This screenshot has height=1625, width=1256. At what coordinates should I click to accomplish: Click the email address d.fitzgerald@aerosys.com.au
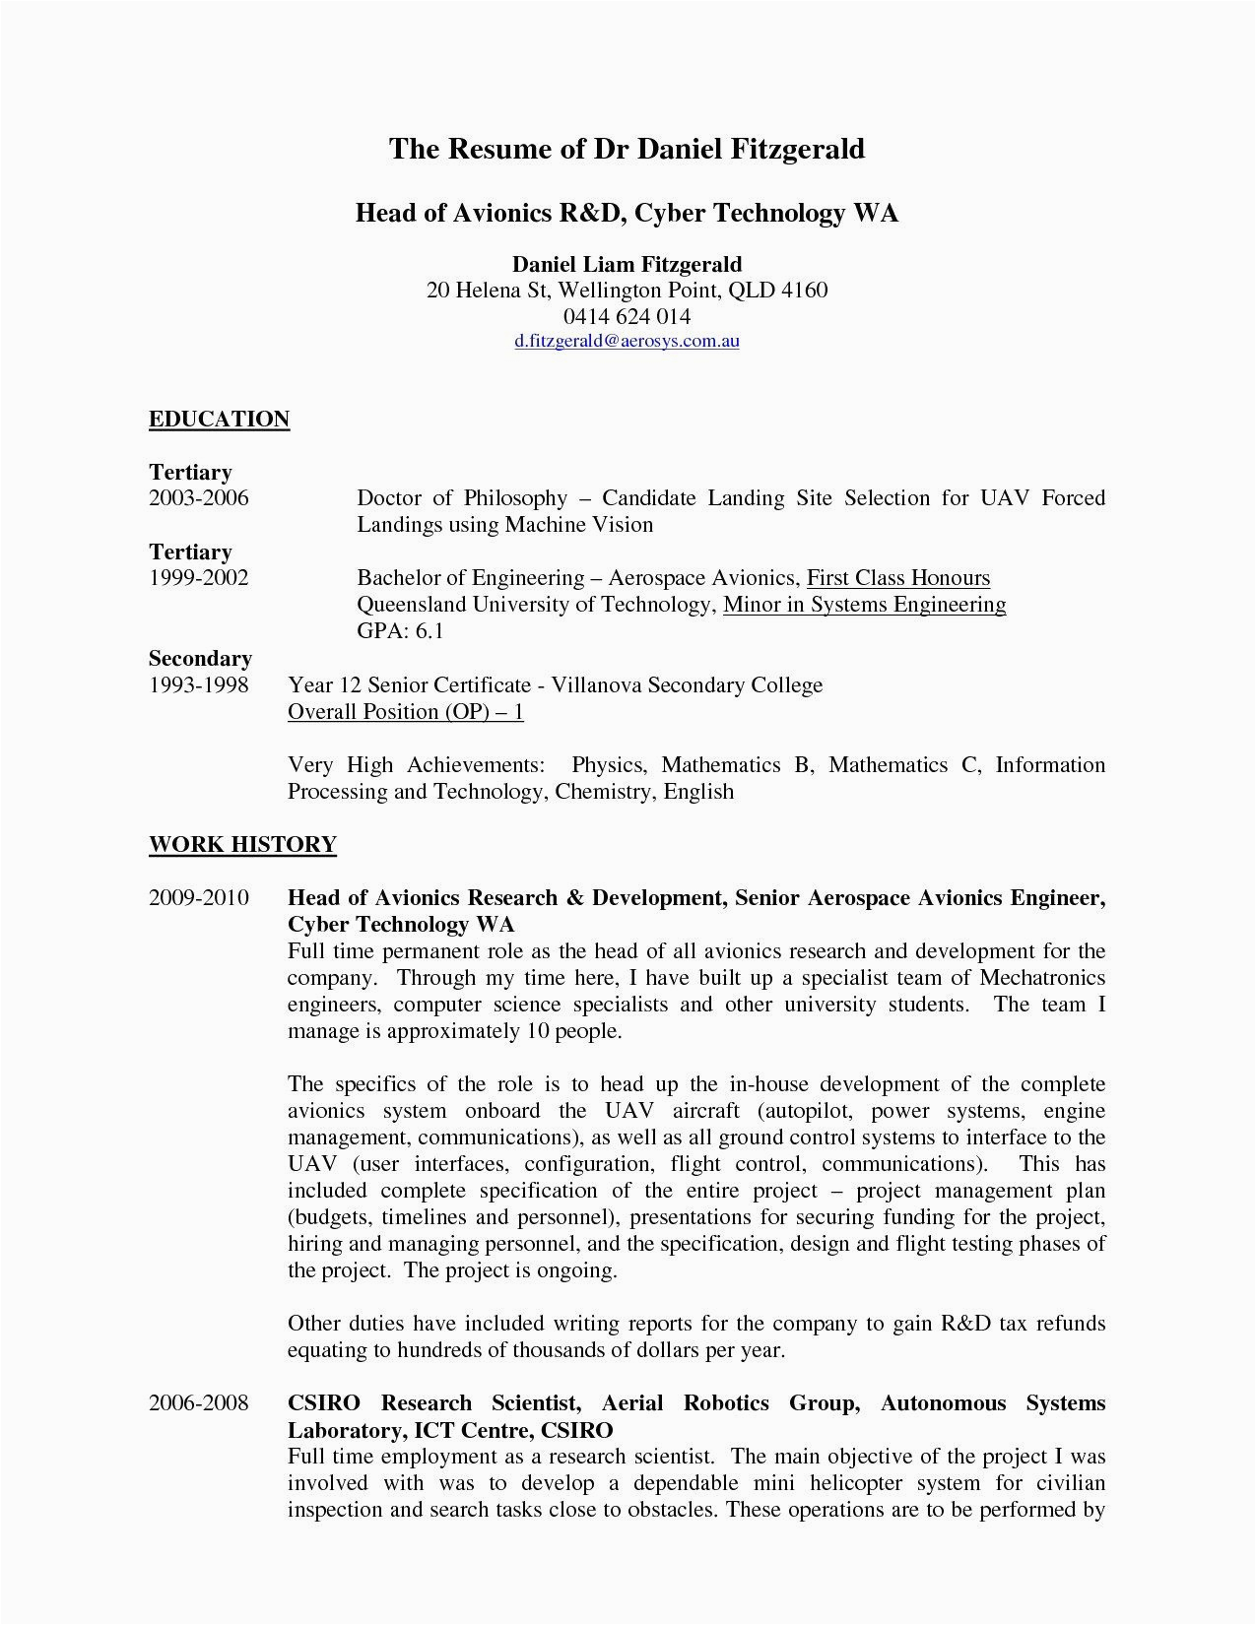click(x=627, y=342)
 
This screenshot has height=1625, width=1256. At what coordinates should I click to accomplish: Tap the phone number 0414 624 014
click(x=627, y=316)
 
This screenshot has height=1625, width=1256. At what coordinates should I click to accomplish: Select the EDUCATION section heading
click(x=219, y=420)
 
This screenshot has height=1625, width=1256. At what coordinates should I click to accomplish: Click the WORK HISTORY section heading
click(x=242, y=845)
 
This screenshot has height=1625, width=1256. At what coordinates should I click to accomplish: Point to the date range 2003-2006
click(x=199, y=498)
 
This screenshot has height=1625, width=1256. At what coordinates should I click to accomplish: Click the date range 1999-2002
click(x=199, y=578)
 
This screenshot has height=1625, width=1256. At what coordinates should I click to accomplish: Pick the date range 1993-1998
click(x=199, y=685)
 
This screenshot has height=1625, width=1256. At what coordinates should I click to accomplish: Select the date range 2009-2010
click(x=199, y=898)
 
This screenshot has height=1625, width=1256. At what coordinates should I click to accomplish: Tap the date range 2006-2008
click(x=199, y=1403)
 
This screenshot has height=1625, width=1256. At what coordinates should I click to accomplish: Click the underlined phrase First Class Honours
click(x=897, y=578)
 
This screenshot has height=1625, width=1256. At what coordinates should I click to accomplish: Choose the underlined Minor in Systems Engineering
click(x=864, y=605)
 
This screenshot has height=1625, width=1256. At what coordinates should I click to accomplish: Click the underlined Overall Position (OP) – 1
click(x=405, y=712)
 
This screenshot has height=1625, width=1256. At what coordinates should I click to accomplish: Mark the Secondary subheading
click(x=200, y=659)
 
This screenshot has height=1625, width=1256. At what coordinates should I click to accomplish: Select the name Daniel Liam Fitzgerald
click(x=627, y=264)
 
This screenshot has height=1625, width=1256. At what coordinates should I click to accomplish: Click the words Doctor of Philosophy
click(x=462, y=498)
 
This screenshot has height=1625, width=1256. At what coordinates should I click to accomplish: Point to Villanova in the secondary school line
click(x=599, y=685)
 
